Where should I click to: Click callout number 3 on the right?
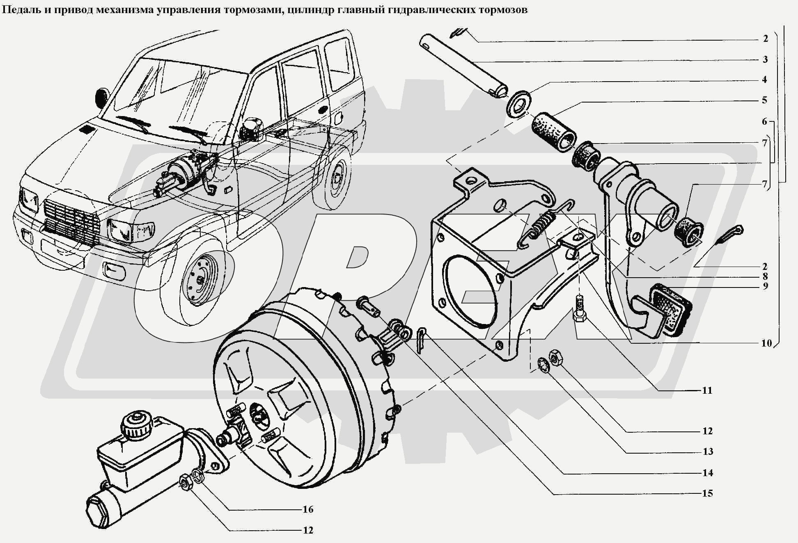pos(765,59)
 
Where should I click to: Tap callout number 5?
pos(764,100)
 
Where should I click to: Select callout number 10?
pos(766,343)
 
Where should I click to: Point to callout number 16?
pos(308,509)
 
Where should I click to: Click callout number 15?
pos(707,493)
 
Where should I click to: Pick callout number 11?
pos(707,390)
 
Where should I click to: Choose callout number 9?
pos(765,286)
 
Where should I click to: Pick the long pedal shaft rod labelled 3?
pos(464,66)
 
